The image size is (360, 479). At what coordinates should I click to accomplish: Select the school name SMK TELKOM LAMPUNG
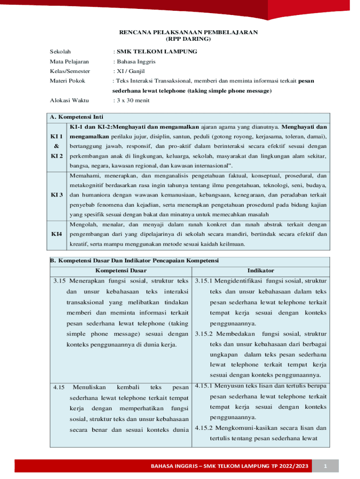[157, 51]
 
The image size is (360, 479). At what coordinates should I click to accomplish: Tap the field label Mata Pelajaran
[69, 61]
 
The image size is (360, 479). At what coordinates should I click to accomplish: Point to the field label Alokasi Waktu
[69, 101]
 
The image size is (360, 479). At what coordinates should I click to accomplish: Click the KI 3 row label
[58, 195]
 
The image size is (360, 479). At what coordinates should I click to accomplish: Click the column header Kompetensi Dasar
[121, 270]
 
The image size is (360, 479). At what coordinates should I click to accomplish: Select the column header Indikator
[260, 270]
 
